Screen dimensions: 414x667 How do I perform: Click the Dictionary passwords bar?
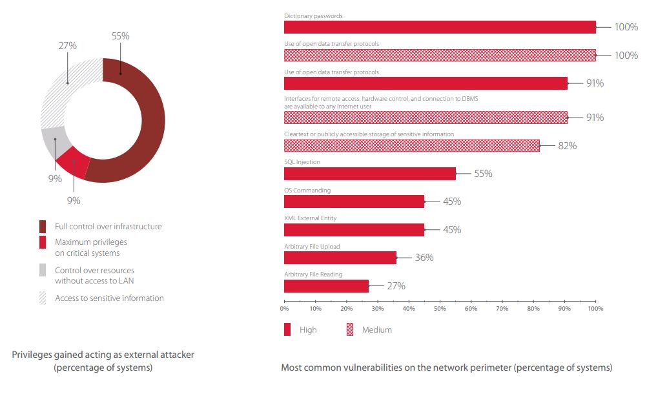[440, 27]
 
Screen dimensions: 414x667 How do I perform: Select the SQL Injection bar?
[370, 173]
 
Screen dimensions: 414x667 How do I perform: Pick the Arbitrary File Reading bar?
[326, 285]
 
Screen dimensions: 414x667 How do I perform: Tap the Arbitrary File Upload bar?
[340, 258]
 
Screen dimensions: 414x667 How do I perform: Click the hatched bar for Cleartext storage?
[412, 145]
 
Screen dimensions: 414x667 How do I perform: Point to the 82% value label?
[567, 146]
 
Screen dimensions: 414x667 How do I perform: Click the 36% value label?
[424, 258]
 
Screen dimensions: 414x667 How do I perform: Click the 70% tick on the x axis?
[502, 309]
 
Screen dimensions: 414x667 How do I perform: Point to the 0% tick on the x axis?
[285, 309]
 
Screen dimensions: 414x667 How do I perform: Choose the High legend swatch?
[288, 329]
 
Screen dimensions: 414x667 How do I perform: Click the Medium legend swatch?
[351, 329]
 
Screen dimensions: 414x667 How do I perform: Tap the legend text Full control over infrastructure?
[108, 227]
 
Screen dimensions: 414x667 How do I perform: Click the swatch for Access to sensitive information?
[43, 298]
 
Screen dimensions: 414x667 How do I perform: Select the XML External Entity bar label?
[310, 218]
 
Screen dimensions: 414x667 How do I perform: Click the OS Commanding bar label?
[307, 191]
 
